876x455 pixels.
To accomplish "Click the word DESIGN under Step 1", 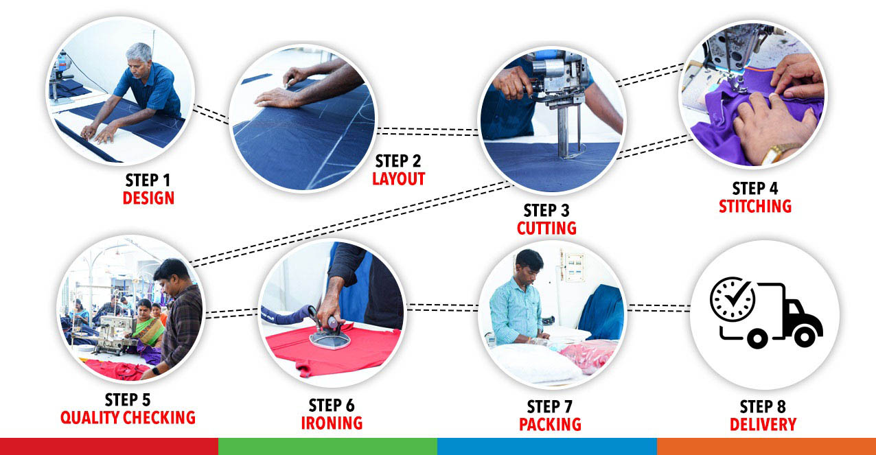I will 148,198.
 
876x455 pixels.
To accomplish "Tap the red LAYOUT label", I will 399,179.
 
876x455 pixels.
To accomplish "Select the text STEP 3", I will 546,210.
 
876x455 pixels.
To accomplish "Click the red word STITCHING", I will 754,206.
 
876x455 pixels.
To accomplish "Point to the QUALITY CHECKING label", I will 128,417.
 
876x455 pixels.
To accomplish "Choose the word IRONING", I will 332,423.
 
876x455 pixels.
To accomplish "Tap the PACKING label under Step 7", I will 550,424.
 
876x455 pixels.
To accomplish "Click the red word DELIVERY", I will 763,424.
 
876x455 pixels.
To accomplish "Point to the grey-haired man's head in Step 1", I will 138,58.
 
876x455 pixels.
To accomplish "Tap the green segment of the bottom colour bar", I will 327,446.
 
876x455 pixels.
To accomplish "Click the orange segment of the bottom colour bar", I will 766,446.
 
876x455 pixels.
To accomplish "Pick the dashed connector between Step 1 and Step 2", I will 211,115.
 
